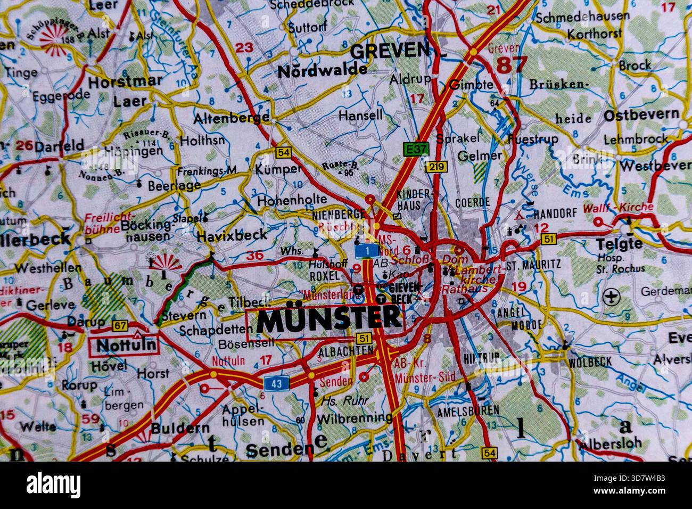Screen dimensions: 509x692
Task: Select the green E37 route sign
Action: [x=415, y=149]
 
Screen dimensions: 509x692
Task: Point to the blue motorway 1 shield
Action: [x=367, y=250]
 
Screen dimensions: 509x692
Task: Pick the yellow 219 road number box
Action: [x=435, y=167]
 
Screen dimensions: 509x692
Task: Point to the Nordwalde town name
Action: [x=322, y=70]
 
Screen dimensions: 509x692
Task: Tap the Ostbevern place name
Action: [x=641, y=114]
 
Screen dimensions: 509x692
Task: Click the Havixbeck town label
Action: [x=232, y=235]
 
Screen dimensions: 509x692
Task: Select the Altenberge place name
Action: [x=232, y=118]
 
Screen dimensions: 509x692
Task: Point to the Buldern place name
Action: [x=180, y=428]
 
